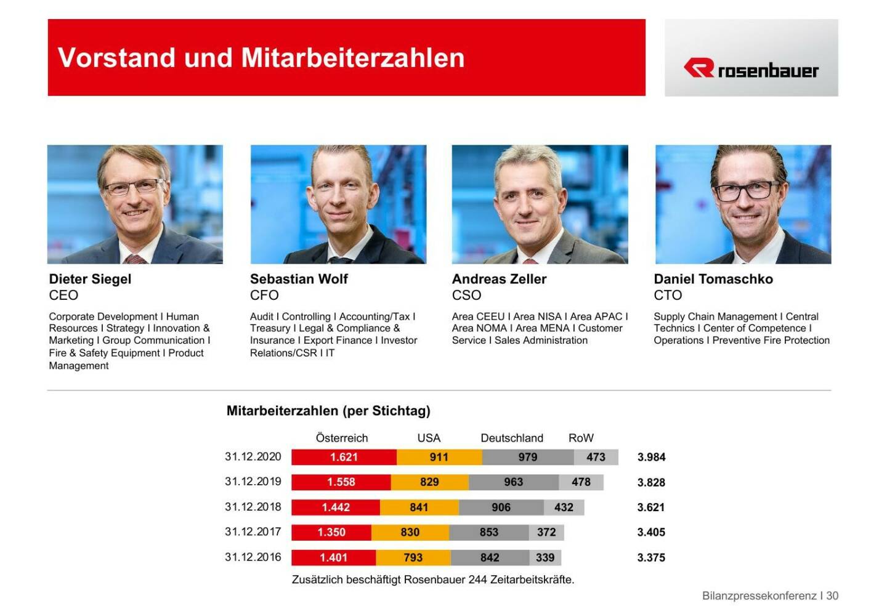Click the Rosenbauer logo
click(x=751, y=68)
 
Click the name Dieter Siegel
click(x=90, y=279)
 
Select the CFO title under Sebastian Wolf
click(x=264, y=296)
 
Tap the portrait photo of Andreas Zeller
click(x=540, y=204)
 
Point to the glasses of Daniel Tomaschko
click(x=745, y=191)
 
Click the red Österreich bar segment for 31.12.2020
click(x=344, y=457)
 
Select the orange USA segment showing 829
click(x=429, y=482)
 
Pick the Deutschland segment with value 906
click(x=501, y=507)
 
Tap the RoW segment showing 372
click(x=546, y=532)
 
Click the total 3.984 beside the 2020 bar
click(x=651, y=457)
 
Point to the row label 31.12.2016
click(x=253, y=557)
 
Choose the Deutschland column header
click(x=512, y=438)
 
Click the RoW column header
click(x=581, y=438)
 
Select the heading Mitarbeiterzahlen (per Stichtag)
click(x=328, y=411)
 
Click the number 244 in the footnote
click(x=477, y=580)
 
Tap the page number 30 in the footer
click(x=832, y=596)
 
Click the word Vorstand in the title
click(x=116, y=58)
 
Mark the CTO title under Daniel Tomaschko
click(x=668, y=296)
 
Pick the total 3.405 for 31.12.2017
click(x=651, y=532)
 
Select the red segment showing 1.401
click(x=333, y=557)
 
